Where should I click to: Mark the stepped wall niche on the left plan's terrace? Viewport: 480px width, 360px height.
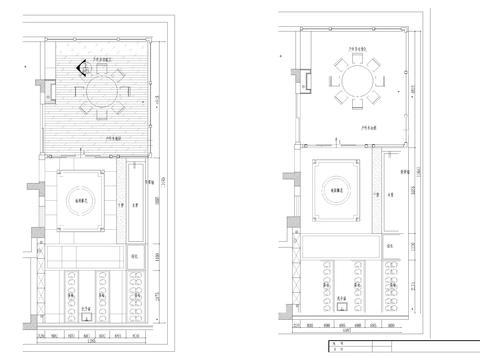pos(47,87)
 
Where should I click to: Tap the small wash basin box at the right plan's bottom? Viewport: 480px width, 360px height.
pos(342,309)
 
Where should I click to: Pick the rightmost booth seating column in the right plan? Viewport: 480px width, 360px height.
pos(392,285)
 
